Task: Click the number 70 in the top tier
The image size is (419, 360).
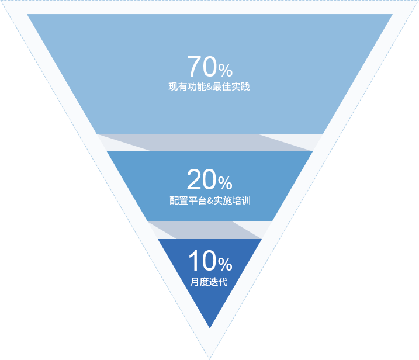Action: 202,67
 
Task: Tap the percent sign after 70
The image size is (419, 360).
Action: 226,71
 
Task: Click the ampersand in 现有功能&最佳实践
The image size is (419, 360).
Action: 209,88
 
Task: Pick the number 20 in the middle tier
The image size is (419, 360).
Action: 202,180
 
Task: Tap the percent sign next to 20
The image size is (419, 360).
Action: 226,184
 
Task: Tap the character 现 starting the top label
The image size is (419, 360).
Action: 173,88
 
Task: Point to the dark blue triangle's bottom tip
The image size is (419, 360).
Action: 210,327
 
